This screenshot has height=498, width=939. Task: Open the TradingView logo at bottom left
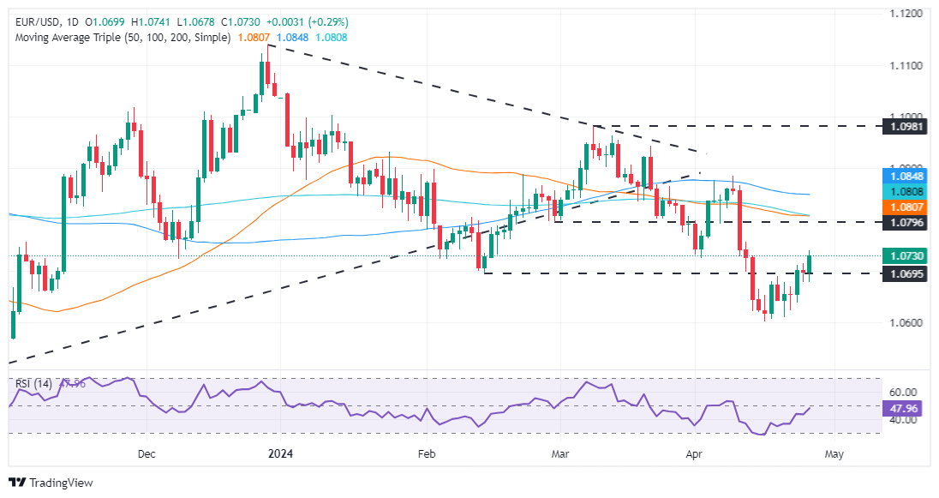tap(51, 483)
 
